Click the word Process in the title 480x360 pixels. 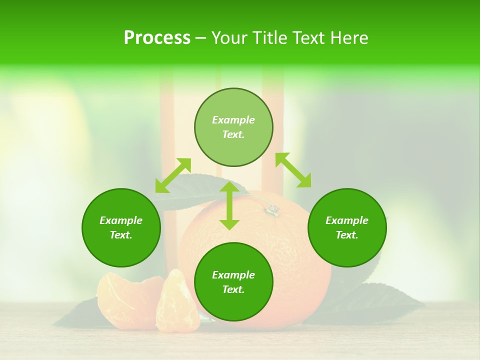pos(157,38)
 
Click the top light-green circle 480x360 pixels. pos(233,127)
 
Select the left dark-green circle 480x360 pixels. pos(121,227)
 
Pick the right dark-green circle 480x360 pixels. pos(347,227)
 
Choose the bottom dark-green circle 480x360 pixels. pos(233,282)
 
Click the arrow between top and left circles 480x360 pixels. pos(173,175)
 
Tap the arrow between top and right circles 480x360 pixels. pos(293,170)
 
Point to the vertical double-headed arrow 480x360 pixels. pos(229,205)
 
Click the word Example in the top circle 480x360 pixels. pos(233,120)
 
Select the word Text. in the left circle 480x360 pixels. pos(121,235)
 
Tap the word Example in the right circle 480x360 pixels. pos(347,220)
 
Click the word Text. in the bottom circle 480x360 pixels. pos(233,289)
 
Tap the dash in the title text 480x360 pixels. pos(200,38)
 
